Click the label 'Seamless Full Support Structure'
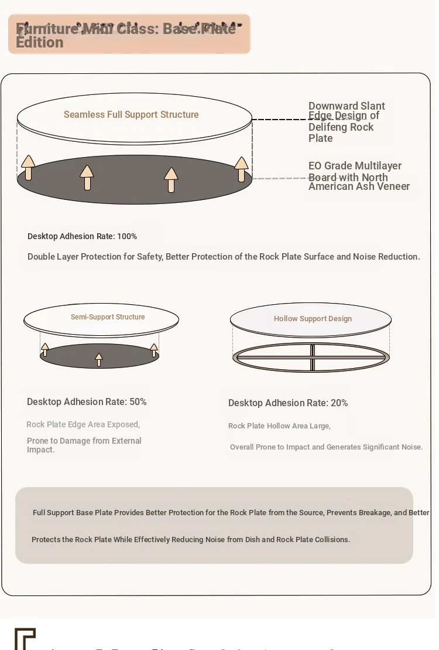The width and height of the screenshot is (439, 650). point(131,115)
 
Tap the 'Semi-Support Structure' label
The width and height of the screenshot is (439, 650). point(108,317)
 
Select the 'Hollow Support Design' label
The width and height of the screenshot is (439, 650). point(313,319)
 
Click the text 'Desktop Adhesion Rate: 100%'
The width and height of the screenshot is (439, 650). point(82,236)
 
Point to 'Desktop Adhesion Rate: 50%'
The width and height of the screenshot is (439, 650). point(87,402)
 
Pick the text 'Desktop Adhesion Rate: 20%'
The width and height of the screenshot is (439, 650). point(288,403)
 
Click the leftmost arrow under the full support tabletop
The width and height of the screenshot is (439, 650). point(28,168)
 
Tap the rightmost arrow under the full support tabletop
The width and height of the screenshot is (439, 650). point(241,169)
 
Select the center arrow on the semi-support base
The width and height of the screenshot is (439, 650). point(99,360)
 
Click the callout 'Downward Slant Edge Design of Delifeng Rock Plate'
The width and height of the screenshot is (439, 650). point(347,122)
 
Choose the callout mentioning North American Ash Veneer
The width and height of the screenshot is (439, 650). point(359,176)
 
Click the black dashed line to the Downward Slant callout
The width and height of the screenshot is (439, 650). point(280,120)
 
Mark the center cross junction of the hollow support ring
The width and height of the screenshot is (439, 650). point(313,357)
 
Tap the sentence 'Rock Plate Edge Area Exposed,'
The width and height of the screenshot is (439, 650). point(83,424)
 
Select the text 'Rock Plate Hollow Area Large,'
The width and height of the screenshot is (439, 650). point(279,426)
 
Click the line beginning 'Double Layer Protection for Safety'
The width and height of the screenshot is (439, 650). point(224,257)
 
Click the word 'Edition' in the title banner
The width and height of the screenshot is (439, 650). point(40,43)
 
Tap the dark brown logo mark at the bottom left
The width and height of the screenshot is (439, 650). point(25,639)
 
